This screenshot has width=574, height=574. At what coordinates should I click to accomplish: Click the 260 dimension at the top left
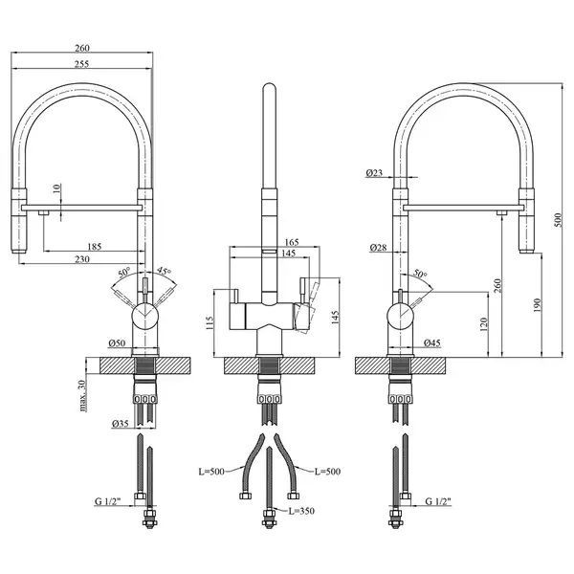pyautogui.click(x=82, y=48)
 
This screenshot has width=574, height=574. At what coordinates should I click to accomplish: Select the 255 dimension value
pyautogui.click(x=82, y=64)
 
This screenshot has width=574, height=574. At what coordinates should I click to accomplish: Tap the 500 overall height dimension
pyautogui.click(x=558, y=220)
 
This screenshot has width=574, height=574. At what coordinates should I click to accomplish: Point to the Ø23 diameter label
pyautogui.click(x=374, y=173)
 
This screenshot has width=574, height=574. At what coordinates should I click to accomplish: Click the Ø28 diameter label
pyautogui.click(x=378, y=248)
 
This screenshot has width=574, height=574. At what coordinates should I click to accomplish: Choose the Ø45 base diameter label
pyautogui.click(x=432, y=343)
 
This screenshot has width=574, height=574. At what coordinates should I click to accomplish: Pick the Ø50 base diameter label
pyautogui.click(x=117, y=343)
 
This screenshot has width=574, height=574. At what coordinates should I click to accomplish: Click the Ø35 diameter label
pyautogui.click(x=121, y=424)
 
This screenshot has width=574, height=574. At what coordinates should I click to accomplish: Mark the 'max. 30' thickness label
pyautogui.click(x=82, y=396)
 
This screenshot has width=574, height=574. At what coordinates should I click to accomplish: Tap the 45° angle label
pyautogui.click(x=165, y=272)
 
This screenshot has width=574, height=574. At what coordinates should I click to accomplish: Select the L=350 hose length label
pyautogui.click(x=301, y=511)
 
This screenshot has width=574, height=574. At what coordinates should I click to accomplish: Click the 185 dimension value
pyautogui.click(x=95, y=247)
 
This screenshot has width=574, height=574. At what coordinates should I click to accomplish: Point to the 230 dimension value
pyautogui.click(x=82, y=259)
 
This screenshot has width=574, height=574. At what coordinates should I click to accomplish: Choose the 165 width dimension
pyautogui.click(x=292, y=242)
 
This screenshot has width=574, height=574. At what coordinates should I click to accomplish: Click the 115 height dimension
pyautogui.click(x=210, y=323)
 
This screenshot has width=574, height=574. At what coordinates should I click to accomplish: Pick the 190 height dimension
pyautogui.click(x=537, y=305)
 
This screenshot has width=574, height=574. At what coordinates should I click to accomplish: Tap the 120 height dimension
pyautogui.click(x=483, y=324)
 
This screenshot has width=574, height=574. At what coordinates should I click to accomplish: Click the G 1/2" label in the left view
pyautogui.click(x=107, y=501)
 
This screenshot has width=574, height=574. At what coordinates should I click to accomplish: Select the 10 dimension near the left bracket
pyautogui.click(x=56, y=188)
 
